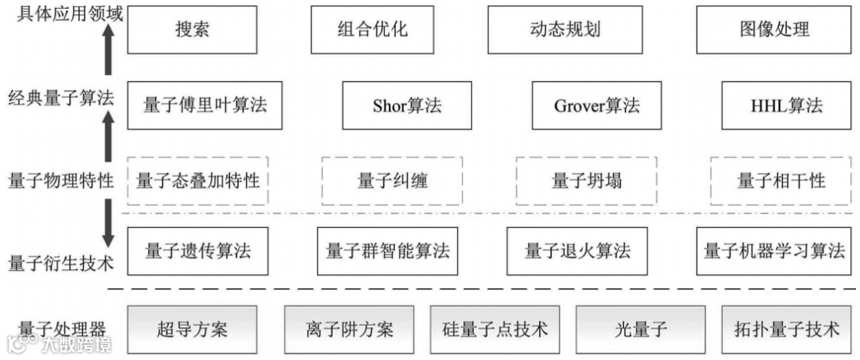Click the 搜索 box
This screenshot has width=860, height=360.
[192, 30]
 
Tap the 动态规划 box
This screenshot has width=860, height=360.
[565, 30]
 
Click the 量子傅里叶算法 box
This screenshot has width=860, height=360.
[205, 105]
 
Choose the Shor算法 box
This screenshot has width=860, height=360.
[407, 105]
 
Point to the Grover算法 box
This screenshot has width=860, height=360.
[596, 105]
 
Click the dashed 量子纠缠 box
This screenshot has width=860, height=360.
[392, 181]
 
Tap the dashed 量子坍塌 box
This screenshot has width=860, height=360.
[586, 181]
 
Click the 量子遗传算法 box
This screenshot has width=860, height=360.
[198, 251]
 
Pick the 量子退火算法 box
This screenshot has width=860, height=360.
[577, 251]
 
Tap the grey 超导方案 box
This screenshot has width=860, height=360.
[192, 328]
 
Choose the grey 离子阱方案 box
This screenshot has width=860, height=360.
[350, 328]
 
